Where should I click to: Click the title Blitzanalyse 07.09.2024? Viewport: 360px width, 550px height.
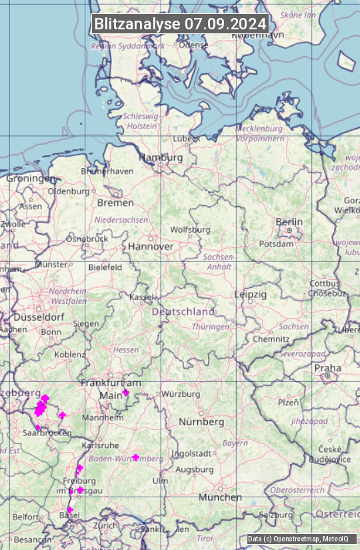coord(180,24)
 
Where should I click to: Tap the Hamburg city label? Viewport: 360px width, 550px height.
coord(161,157)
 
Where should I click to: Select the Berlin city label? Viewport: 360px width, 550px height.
coord(289,222)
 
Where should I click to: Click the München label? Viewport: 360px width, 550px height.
coord(220,497)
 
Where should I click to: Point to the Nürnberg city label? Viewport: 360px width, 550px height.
coord(201,422)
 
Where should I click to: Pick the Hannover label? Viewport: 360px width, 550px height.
coord(151,246)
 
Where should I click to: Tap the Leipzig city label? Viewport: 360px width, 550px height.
coord(251,294)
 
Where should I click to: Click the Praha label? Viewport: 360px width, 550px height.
coord(327,368)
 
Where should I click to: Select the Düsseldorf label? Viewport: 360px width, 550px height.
coord(38,317)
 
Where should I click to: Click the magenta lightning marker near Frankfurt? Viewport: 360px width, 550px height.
coord(125,393)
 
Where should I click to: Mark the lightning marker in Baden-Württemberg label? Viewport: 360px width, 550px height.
coord(135,457)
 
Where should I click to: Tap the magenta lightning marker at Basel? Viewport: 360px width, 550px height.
coord(69,510)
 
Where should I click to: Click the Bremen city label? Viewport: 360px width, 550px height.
coord(115,202)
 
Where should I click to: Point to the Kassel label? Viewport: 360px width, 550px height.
coord(142,297)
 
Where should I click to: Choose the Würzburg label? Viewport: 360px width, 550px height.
coord(181,394)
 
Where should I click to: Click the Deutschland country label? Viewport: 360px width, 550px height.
coord(183,311)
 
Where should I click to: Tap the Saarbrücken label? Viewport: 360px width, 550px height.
coord(47,433)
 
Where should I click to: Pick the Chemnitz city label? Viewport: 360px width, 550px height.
coord(267,339)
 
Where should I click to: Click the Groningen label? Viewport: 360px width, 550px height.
coord(31,179)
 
